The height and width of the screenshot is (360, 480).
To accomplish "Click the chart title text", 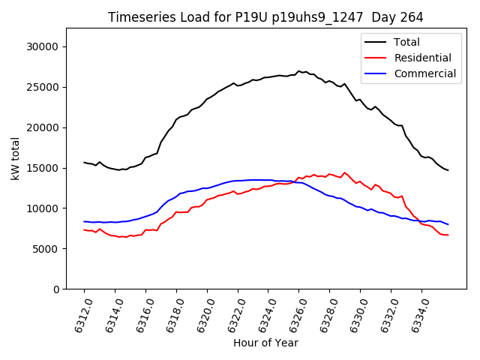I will pyautogui.click(x=265, y=17).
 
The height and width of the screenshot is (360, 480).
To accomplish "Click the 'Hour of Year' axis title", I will pyautogui.click(x=265, y=343).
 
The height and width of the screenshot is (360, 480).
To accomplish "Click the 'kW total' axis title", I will pyautogui.click(x=15, y=159).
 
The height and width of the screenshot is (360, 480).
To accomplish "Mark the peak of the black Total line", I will pyautogui.click(x=298, y=71).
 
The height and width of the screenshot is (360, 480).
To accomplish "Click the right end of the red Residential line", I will pyautogui.click(x=448, y=235).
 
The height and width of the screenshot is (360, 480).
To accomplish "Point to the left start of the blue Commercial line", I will pyautogui.click(x=84, y=221).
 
